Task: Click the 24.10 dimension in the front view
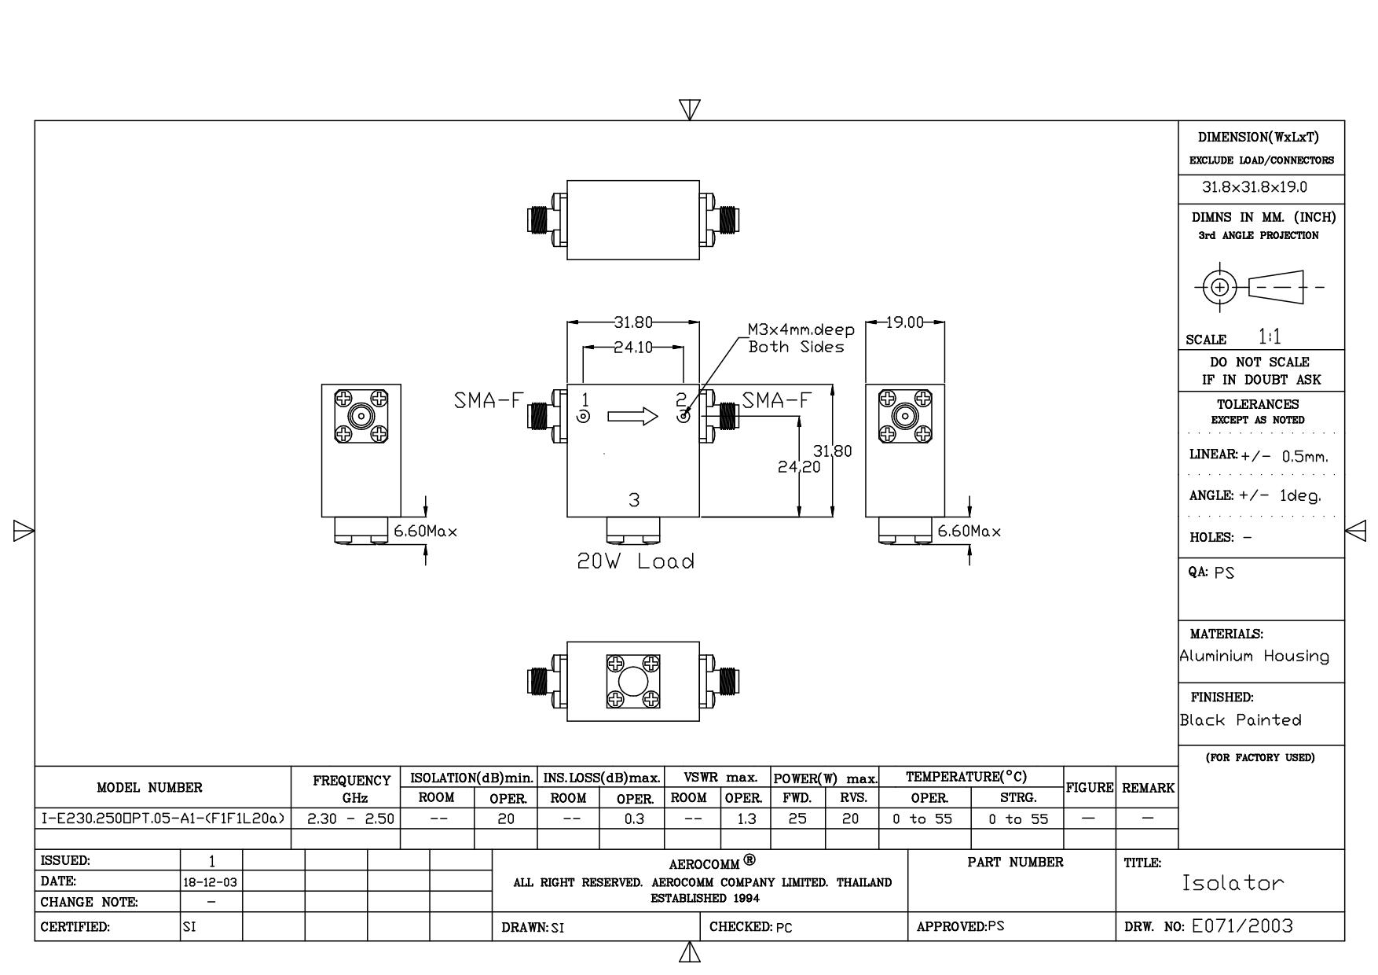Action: (633, 347)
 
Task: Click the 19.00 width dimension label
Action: (905, 322)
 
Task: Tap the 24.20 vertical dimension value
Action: (799, 467)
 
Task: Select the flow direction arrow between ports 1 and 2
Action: (632, 417)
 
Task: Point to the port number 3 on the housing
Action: (634, 500)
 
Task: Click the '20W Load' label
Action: (636, 561)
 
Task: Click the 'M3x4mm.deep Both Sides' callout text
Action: (801, 339)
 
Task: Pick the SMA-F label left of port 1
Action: (488, 400)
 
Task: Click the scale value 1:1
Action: (1270, 337)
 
